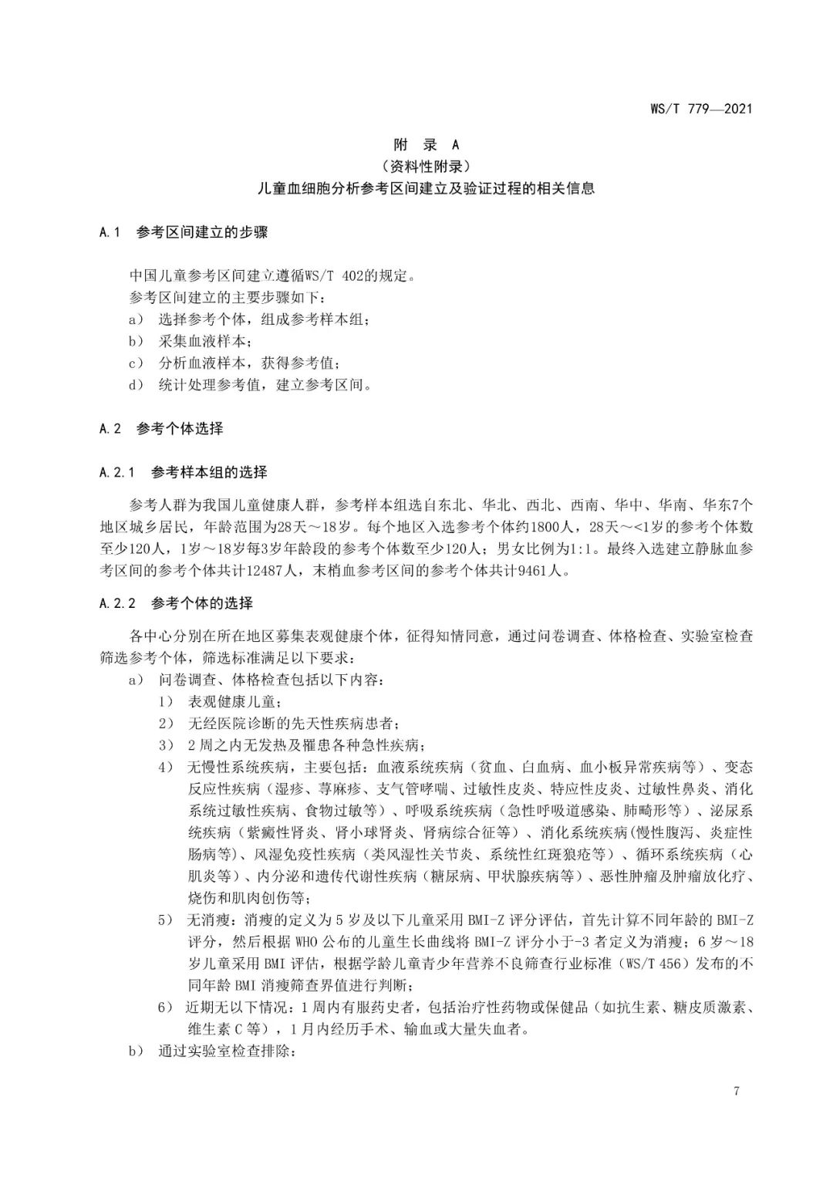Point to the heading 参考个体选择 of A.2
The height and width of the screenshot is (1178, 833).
click(180, 428)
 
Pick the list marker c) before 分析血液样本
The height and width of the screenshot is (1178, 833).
click(136, 363)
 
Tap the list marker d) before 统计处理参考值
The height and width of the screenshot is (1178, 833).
click(136, 384)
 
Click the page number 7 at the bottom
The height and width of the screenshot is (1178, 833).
click(737, 1091)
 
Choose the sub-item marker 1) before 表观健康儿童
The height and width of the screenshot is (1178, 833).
click(166, 702)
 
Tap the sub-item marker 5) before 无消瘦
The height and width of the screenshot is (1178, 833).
click(166, 920)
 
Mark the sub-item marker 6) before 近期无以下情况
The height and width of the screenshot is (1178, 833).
click(166, 1008)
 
